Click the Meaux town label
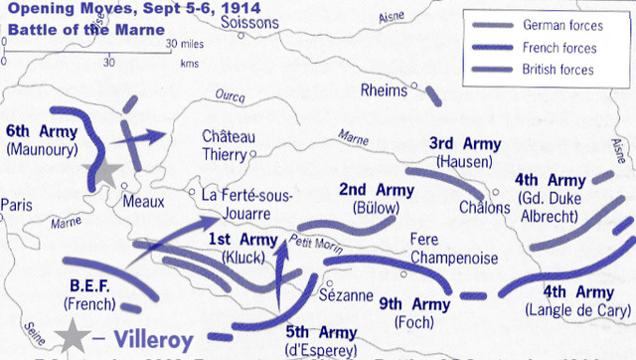click(x=141, y=200)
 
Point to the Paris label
click(x=17, y=205)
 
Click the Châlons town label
click(x=484, y=207)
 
